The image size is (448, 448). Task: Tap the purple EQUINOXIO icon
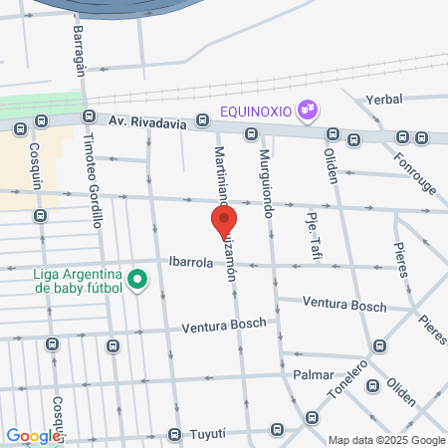point(309,109)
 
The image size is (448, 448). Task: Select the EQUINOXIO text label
point(257,110)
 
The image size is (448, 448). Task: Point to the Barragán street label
point(79,45)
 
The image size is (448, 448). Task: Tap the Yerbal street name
point(383,101)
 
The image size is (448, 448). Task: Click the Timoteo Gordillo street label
point(93,180)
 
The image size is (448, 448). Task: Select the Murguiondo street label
point(266,184)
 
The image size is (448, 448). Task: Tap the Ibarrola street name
point(191,262)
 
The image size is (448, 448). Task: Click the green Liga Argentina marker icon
point(138,282)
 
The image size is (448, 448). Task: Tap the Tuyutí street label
point(218,434)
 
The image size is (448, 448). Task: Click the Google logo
point(32,435)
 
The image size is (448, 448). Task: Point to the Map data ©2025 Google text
point(387,440)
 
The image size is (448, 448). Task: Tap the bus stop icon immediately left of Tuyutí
point(175,435)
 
